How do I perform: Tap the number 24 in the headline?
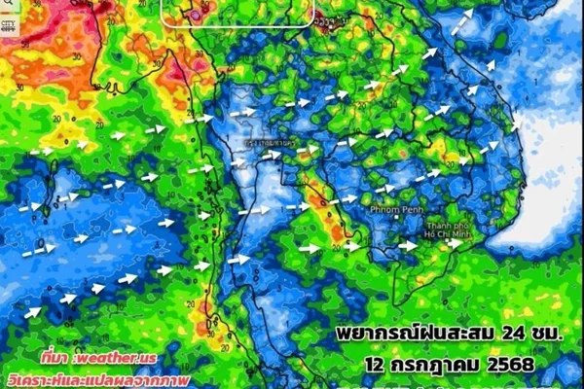click(x=490, y=334)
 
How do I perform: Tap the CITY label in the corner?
click(x=8, y=22)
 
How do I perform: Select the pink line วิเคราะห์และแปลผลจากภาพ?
click(x=96, y=376)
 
